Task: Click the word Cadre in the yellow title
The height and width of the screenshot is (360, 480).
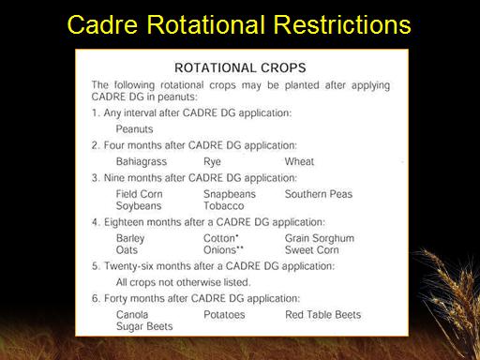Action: click(102, 24)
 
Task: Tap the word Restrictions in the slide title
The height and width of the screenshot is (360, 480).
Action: click(342, 24)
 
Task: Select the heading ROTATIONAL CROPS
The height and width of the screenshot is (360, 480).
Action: click(240, 67)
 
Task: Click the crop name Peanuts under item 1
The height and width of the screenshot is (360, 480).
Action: click(134, 129)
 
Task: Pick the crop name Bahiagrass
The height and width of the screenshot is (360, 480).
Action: click(142, 161)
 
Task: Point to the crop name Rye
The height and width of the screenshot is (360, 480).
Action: click(212, 162)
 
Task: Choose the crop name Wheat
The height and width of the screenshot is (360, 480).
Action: click(299, 161)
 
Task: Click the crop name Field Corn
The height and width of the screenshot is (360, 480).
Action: click(139, 194)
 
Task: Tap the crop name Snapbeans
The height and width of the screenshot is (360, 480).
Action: click(230, 194)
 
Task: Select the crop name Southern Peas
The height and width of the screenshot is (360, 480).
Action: click(319, 194)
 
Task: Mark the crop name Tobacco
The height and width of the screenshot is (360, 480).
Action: click(224, 206)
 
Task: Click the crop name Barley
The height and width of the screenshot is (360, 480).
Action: click(130, 239)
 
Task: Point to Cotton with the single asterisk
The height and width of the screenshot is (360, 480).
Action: click(221, 238)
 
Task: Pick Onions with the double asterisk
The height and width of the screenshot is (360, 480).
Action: click(223, 250)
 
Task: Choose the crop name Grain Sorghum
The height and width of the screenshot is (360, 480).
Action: click(320, 239)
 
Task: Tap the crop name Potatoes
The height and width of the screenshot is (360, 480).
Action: click(224, 315)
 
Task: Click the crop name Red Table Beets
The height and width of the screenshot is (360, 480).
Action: click(322, 315)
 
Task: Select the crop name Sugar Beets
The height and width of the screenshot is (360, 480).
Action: click(144, 326)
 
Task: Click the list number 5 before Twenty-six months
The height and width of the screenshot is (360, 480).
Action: click(95, 266)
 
